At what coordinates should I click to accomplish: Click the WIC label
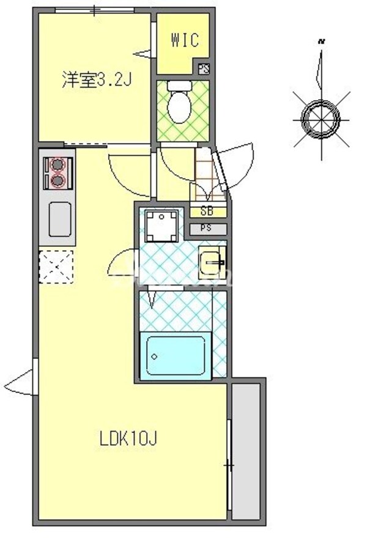184,41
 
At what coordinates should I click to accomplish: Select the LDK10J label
130,438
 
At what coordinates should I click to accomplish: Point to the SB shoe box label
207,212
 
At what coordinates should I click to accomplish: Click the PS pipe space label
207,229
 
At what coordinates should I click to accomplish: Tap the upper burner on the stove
57,164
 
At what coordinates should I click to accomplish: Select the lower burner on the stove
57,180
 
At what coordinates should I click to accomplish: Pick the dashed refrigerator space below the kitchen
56,267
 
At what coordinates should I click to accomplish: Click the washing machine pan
162,226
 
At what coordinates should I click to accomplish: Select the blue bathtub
176,355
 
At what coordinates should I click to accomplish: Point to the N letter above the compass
321,42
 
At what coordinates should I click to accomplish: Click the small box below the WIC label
204,68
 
